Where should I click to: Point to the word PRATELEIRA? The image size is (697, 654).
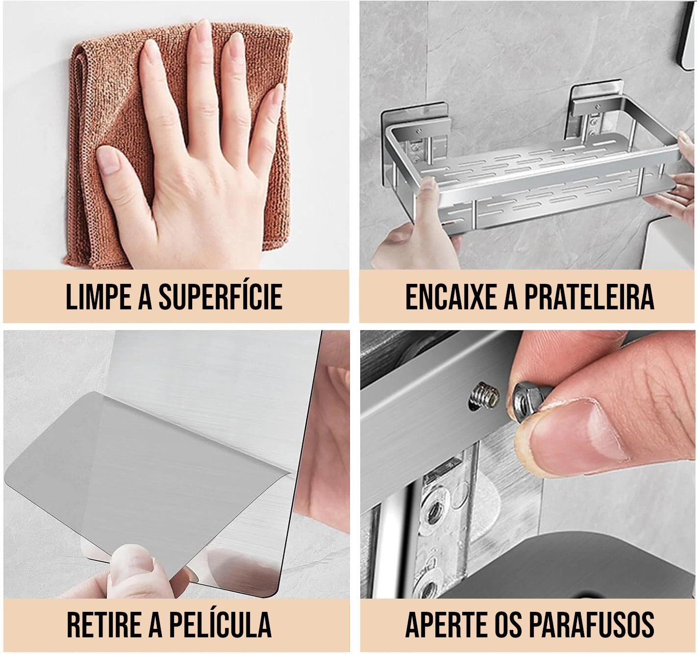click(589, 297)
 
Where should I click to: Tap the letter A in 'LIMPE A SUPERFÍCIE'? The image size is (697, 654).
click(145, 297)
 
